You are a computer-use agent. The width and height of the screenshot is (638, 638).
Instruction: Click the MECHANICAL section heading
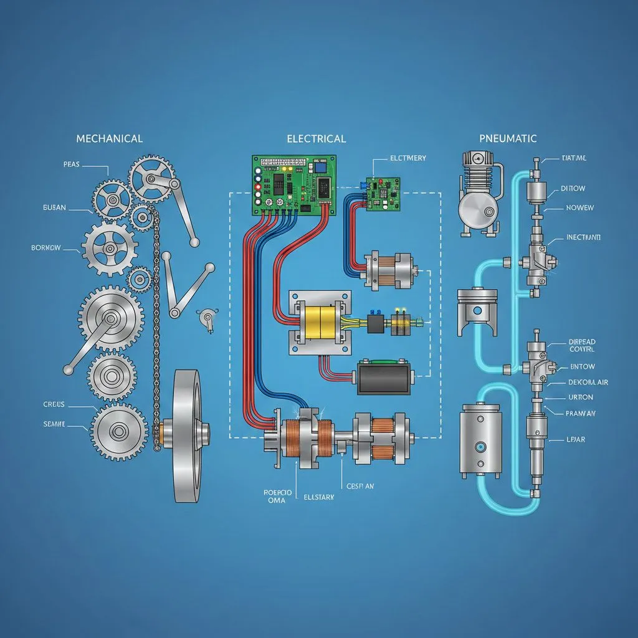[109, 138]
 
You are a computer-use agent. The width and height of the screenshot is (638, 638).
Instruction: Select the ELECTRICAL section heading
[316, 138]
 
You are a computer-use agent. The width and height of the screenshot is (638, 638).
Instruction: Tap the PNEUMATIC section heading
[508, 138]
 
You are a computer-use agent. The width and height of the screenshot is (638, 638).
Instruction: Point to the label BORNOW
[46, 248]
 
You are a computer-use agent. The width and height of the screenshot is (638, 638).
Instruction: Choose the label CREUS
[54, 404]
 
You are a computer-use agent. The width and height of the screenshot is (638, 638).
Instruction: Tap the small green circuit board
[381, 193]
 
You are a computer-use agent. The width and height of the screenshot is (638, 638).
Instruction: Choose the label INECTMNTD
[583, 237]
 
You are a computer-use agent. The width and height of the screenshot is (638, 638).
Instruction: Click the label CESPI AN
[360, 486]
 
